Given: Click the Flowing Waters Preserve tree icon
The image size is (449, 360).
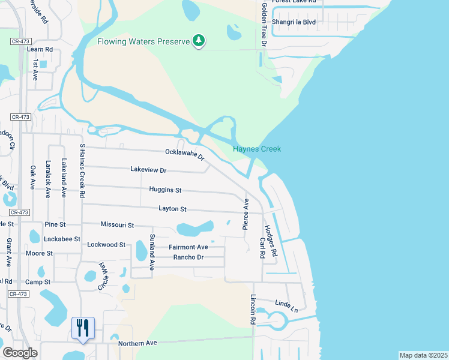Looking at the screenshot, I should tap(199, 41).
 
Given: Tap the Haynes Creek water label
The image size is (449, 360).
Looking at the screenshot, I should tap(257, 149).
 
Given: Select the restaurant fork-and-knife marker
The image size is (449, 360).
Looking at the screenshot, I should tap(82, 328).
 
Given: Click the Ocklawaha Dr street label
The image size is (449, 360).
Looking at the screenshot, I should tap(185, 155).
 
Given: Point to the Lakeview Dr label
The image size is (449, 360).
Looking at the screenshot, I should tap(148, 170).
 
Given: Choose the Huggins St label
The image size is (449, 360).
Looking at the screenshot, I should tap(165, 190).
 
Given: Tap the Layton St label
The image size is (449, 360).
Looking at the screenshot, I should tap(172, 209).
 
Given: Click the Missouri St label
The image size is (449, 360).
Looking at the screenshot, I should tap(117, 224).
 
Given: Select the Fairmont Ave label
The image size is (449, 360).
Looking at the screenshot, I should tap(188, 247).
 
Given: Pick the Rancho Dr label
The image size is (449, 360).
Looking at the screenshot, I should tap(188, 257).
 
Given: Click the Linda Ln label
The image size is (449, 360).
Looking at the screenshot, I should tap(286, 306).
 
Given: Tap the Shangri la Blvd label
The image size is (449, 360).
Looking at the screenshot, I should tap(294, 22).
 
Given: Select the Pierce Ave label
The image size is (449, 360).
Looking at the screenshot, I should tap(246, 213).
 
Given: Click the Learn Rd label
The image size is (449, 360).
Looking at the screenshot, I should tap(40, 49).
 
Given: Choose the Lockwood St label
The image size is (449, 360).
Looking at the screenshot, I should tap(106, 245).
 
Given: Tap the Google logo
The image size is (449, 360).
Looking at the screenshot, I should tap(20, 352).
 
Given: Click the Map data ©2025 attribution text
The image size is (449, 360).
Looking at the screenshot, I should tap(423, 355).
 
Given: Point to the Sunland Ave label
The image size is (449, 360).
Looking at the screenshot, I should tap(152, 252).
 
